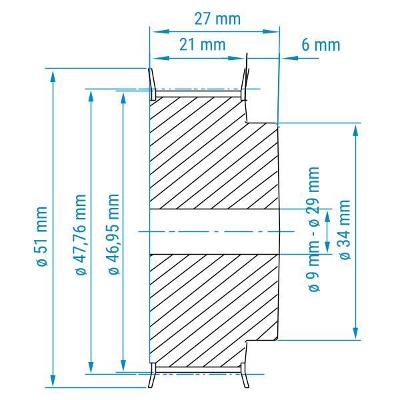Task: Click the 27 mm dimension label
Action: click(x=217, y=19)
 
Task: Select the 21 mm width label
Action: click(x=203, y=45)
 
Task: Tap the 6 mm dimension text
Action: click(x=321, y=45)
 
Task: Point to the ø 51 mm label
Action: click(x=41, y=237)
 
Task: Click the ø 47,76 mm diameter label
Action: click(x=81, y=234)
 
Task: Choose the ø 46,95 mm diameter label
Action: click(x=114, y=234)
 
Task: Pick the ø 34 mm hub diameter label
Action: click(x=345, y=229)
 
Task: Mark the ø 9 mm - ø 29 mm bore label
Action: click(x=314, y=229)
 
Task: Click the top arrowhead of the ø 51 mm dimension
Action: click(x=53, y=76)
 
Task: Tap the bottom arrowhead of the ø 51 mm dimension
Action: click(x=53, y=381)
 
